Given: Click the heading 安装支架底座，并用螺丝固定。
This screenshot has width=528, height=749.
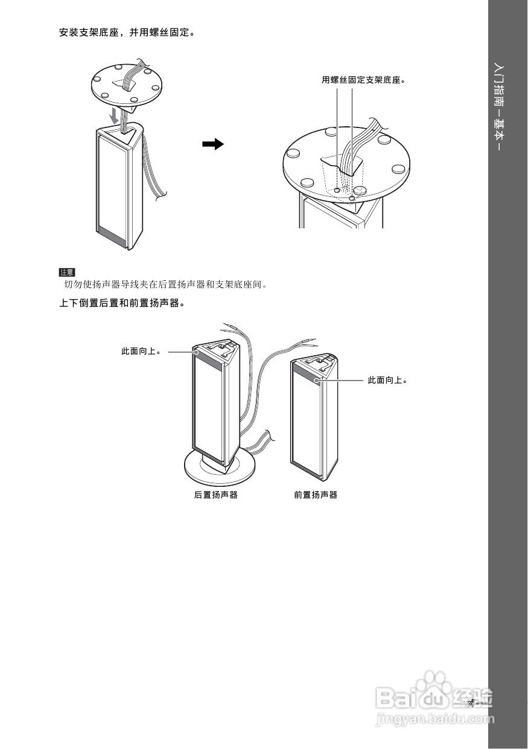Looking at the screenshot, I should pos(127,32).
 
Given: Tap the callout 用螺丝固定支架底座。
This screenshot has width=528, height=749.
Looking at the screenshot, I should pos(363,80).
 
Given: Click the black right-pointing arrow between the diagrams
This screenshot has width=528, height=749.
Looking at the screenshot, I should pos(212,144).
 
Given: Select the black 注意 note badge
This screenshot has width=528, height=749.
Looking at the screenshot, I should pos(66,272).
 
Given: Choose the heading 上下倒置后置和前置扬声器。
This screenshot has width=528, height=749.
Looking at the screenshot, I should pos(121,303).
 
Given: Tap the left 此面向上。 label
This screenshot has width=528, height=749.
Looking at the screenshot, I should pos(141,351).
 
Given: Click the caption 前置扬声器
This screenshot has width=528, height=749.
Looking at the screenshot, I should pos(316,495).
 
